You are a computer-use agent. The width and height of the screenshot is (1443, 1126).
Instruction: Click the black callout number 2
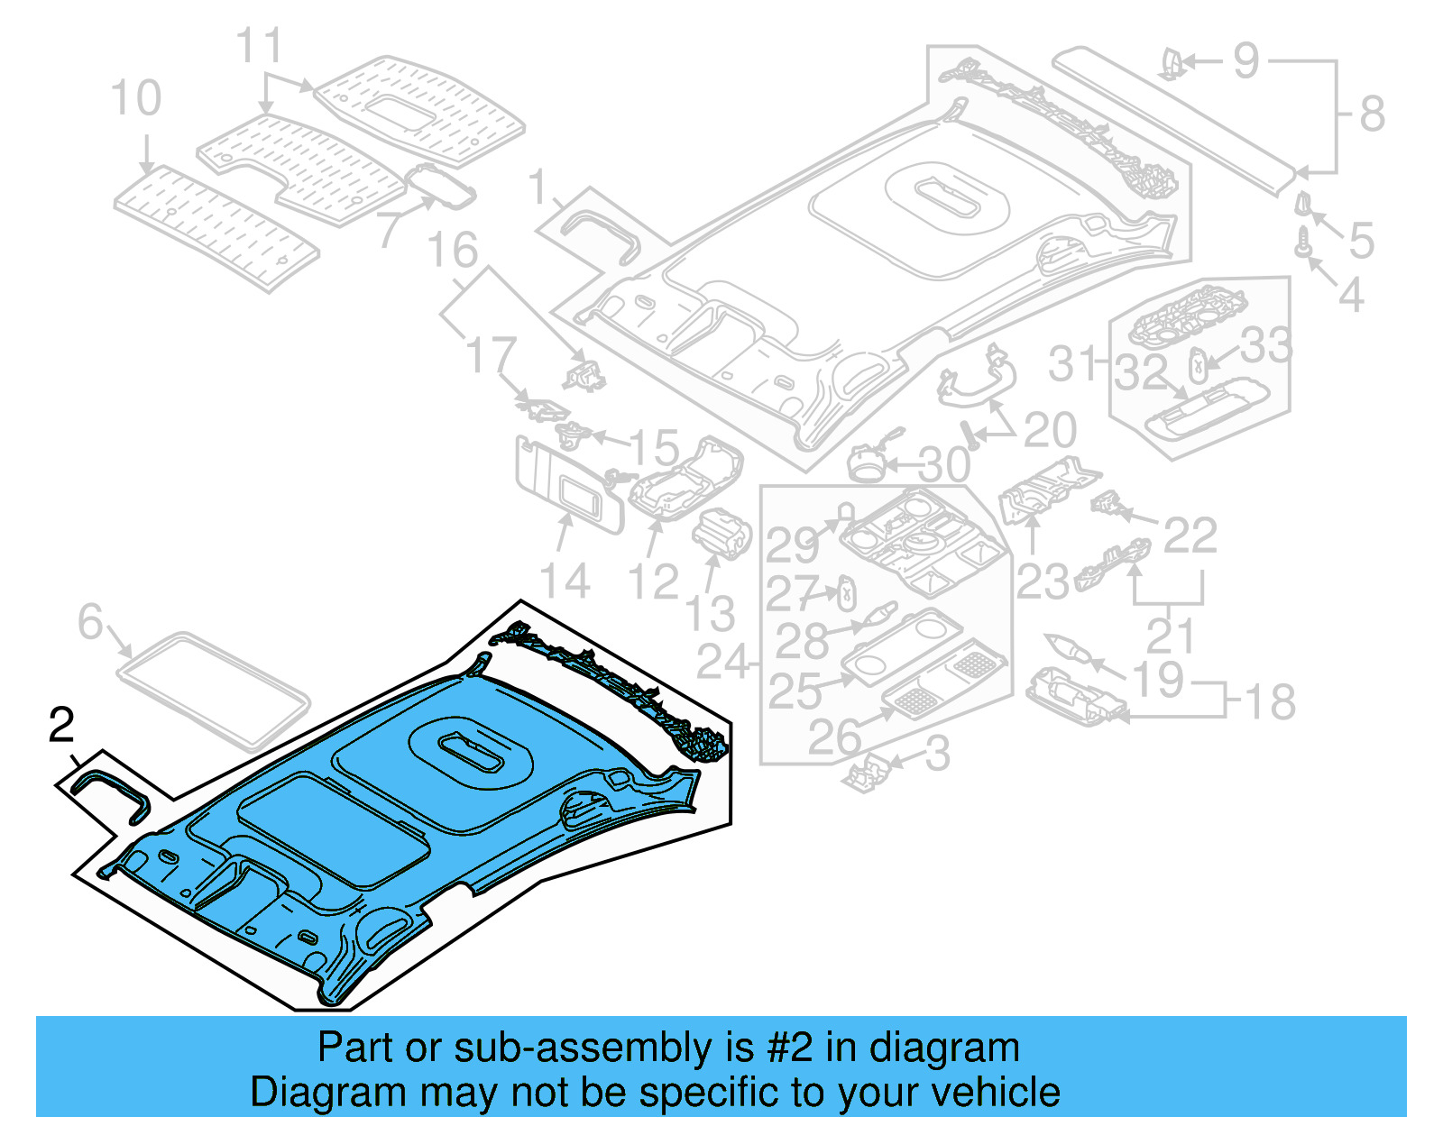point(61,726)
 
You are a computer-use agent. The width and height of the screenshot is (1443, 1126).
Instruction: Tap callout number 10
point(135,98)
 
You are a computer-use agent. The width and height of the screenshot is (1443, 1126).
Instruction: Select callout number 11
point(259,46)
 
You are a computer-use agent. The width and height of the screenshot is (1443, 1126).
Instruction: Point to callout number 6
point(90,622)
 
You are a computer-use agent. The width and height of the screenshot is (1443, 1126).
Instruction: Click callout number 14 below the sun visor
point(565,581)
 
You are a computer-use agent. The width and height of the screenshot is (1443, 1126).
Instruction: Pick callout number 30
point(944,466)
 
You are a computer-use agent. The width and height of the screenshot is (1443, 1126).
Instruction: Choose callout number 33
point(1266,345)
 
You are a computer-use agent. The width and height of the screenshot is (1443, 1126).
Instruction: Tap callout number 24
point(723,663)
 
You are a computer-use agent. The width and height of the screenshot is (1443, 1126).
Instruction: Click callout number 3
point(938,754)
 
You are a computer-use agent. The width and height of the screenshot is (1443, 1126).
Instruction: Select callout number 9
point(1245,61)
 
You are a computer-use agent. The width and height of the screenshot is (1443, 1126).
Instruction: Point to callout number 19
point(1159,679)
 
